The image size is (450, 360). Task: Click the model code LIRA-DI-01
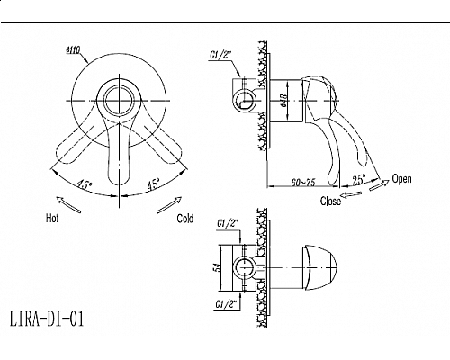(x=47, y=319)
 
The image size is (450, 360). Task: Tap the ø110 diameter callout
(x=73, y=50)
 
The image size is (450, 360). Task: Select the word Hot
(x=52, y=218)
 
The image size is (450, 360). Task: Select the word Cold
(x=185, y=219)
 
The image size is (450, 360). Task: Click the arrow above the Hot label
(x=68, y=204)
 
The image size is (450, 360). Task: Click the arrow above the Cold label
(x=169, y=205)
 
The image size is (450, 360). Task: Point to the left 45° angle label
(x=84, y=184)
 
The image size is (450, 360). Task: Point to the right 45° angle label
(x=153, y=184)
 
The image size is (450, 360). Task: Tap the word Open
(x=401, y=179)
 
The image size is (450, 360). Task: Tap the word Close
(x=330, y=201)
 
